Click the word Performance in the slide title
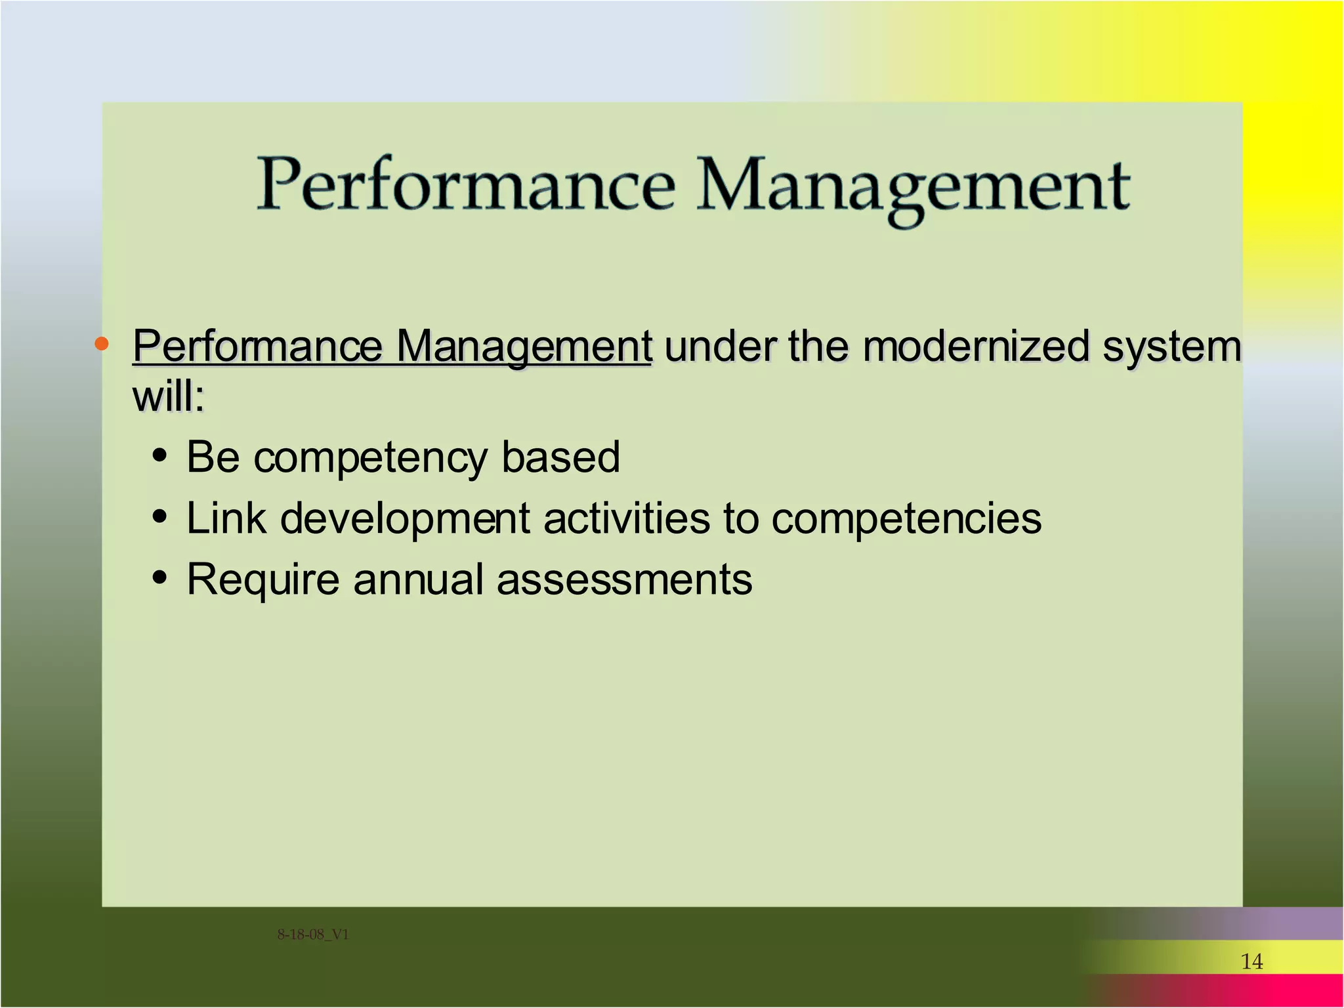[x=466, y=186]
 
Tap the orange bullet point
[x=101, y=343]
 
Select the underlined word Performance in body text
[x=258, y=346]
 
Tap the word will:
[x=169, y=397]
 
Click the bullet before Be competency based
[x=159, y=455]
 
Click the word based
[x=560, y=457]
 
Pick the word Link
[x=226, y=518]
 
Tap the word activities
[x=626, y=518]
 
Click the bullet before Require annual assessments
[x=159, y=578]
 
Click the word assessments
[x=624, y=580]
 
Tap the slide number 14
[x=1251, y=962]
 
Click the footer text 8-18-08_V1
[x=313, y=934]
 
